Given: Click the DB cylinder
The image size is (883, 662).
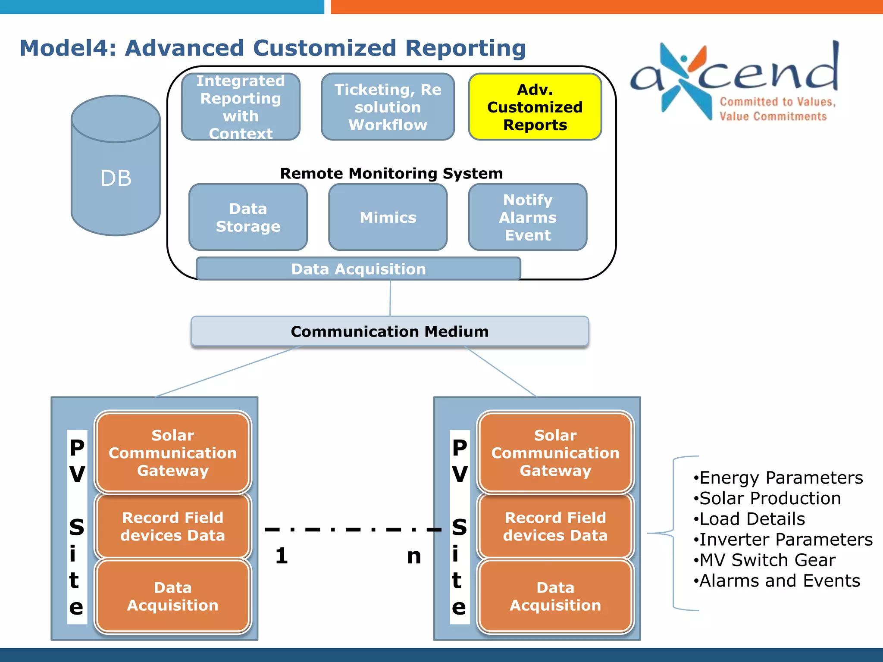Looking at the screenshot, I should coord(116,172).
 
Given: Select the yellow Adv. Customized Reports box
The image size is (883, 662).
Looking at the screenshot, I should coord(535,107).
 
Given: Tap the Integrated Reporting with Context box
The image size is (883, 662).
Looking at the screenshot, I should coord(241,107).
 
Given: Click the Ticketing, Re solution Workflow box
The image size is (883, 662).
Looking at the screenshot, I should coord(388,107).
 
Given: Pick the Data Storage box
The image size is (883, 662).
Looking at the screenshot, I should coord(248,217).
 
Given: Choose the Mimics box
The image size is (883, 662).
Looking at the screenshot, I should coord(388,217).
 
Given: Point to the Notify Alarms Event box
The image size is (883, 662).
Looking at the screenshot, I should coord(527,217).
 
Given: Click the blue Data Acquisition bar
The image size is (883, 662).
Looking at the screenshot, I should coord(358,269).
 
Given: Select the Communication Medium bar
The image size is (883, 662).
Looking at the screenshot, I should coord(390,331).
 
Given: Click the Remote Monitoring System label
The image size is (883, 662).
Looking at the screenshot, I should coord(391,173).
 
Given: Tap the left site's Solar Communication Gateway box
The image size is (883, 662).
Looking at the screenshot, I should coord(172,453).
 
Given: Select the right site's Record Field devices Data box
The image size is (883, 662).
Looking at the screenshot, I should coord(555,526).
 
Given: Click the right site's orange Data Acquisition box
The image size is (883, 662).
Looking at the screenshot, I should coord(555,596).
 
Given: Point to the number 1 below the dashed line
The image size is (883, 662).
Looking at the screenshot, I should coord(282,556).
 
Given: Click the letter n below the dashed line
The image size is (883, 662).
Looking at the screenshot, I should coord(413,556).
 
